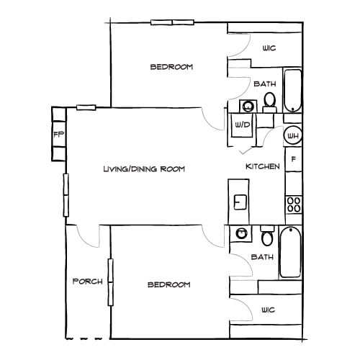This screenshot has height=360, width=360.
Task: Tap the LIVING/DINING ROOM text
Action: click(145, 169)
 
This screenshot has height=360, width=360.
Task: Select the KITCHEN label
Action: click(263, 166)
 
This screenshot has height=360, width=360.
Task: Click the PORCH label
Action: click(88, 281)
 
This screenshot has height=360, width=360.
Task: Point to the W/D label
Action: click(241, 125)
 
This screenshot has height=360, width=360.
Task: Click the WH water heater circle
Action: click(293, 135)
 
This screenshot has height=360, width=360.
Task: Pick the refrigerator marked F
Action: click(293, 160)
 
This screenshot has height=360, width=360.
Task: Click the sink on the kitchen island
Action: click(240, 201)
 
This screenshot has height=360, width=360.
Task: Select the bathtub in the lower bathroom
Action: click(290, 252)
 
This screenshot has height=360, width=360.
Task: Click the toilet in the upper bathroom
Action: click(269, 100)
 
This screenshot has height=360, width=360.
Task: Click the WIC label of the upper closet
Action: click(269, 48)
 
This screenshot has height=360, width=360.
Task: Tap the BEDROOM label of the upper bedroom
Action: click(171, 67)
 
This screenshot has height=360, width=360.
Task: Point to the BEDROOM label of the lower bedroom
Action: click(168, 284)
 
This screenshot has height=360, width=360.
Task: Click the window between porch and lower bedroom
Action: click(110, 282)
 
